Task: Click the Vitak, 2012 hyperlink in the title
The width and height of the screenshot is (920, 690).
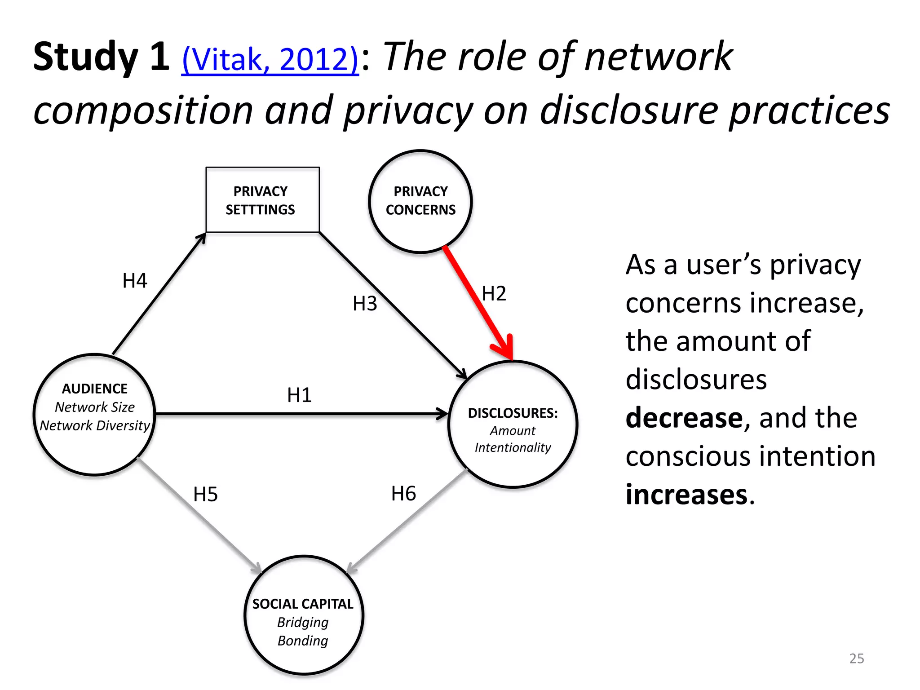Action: (x=270, y=59)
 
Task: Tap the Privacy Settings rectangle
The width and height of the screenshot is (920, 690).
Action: (x=262, y=200)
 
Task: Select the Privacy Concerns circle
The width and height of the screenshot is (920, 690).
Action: (x=420, y=201)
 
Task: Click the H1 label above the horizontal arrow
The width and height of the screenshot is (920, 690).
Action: (x=299, y=395)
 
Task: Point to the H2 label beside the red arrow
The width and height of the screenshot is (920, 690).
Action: (x=494, y=294)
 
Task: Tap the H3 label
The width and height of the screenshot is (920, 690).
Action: (x=364, y=304)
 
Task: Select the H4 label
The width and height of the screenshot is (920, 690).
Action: (x=135, y=281)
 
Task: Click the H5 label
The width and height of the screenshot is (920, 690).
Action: (x=205, y=495)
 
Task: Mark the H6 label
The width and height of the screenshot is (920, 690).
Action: (x=403, y=494)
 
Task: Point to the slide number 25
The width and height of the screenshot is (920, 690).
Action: (x=856, y=659)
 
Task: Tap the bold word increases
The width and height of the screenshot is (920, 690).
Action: (x=687, y=495)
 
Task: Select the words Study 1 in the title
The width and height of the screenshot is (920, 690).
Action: (x=101, y=57)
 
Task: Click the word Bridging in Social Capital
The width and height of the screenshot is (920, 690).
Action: (x=303, y=622)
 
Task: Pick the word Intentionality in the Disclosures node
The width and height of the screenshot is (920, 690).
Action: (x=513, y=447)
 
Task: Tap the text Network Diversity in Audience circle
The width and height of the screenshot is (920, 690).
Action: (x=94, y=425)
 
